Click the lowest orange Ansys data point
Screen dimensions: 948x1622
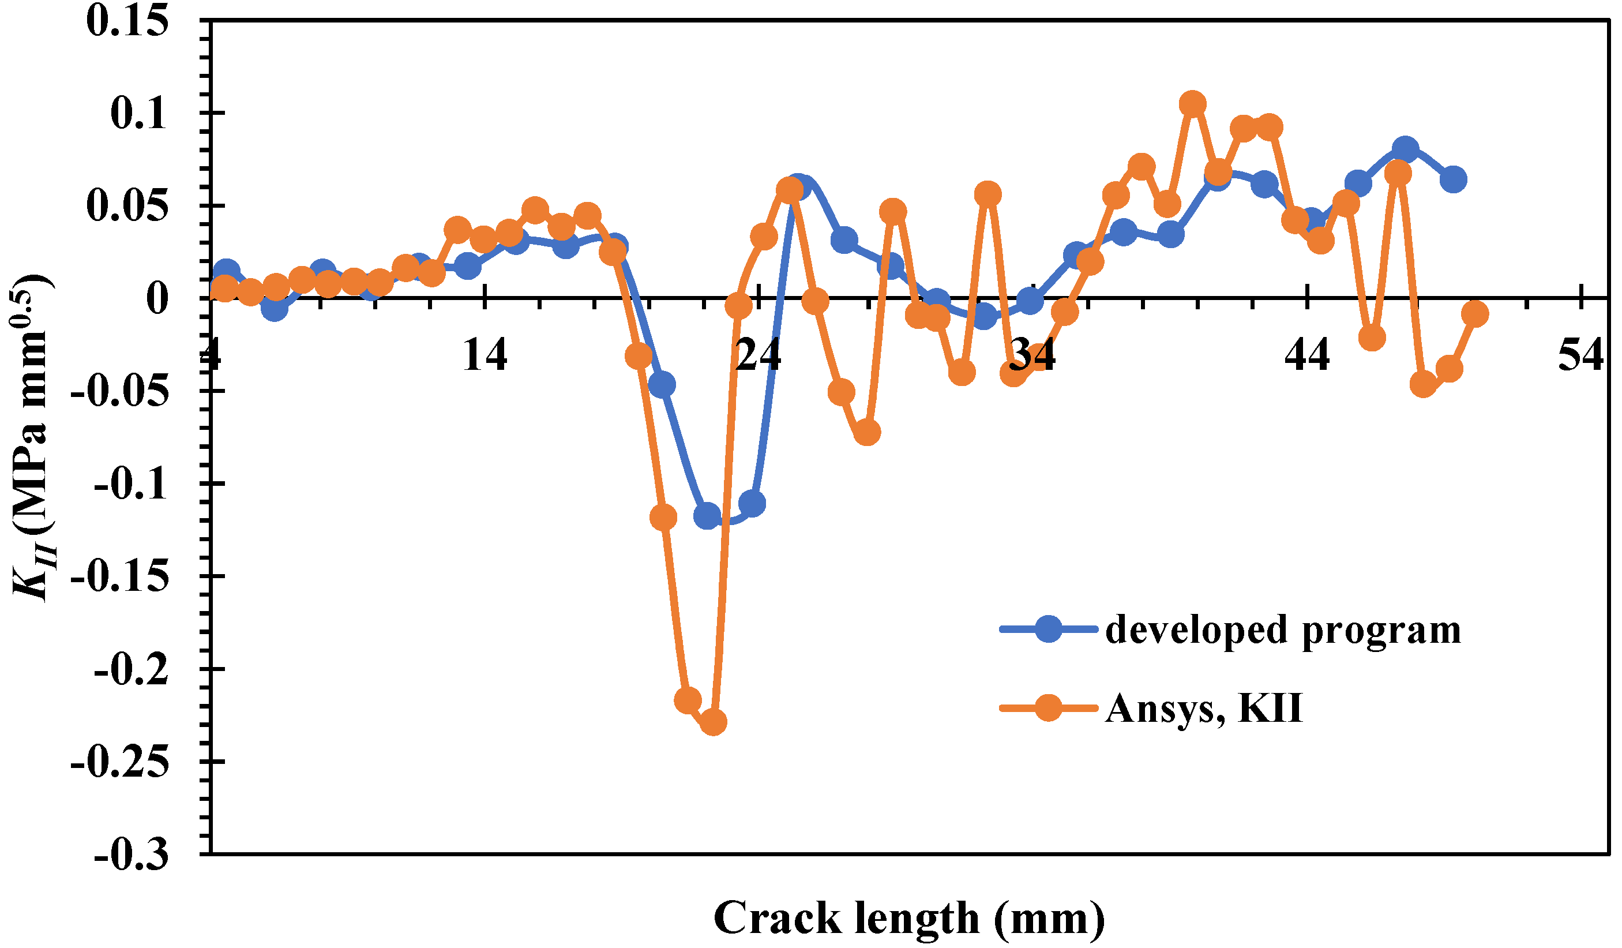712,722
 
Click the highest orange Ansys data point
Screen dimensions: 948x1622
1193,104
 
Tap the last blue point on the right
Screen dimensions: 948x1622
1454,179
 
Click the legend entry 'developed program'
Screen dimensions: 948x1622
1283,629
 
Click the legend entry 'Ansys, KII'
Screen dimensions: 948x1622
1204,709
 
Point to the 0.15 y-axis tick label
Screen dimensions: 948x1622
127,21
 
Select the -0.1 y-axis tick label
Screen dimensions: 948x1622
132,484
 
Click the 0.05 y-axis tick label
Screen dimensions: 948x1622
127,206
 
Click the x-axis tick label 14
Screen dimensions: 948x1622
485,354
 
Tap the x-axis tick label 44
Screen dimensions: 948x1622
1307,354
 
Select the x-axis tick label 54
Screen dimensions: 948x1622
1580,354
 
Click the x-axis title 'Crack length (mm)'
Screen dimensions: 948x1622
909,918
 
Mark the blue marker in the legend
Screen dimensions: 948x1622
1049,629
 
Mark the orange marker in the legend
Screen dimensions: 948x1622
1049,709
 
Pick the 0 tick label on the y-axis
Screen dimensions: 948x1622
157,299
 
